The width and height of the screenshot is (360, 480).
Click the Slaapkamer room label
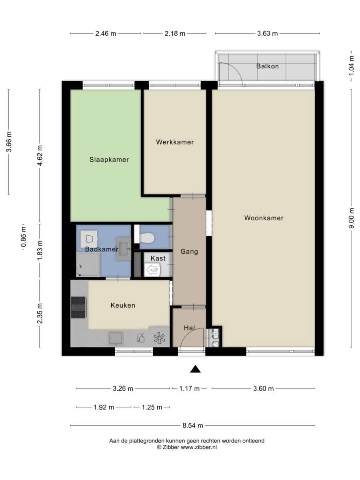(x=109, y=160)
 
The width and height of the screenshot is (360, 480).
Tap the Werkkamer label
(x=175, y=142)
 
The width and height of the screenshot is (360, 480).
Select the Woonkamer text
(x=264, y=218)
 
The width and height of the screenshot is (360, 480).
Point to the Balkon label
(x=267, y=66)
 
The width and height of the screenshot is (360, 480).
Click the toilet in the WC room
(x=147, y=238)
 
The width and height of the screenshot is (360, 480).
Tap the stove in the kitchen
(x=78, y=307)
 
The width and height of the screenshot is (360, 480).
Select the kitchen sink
(x=116, y=338)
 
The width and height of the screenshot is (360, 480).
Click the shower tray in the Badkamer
(x=88, y=264)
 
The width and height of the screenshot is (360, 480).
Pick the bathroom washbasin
(x=124, y=249)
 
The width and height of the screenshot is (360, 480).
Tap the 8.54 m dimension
(x=193, y=426)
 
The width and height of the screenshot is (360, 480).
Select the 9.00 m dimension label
(x=351, y=218)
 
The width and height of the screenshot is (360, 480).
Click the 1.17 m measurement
(x=189, y=388)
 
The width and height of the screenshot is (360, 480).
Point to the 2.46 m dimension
(x=106, y=34)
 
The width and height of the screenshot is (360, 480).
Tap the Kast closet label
(x=158, y=258)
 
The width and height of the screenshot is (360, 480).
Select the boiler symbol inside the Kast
(x=152, y=270)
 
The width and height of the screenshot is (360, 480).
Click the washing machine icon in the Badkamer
(x=89, y=239)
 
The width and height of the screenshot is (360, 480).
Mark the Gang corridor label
(x=189, y=252)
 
